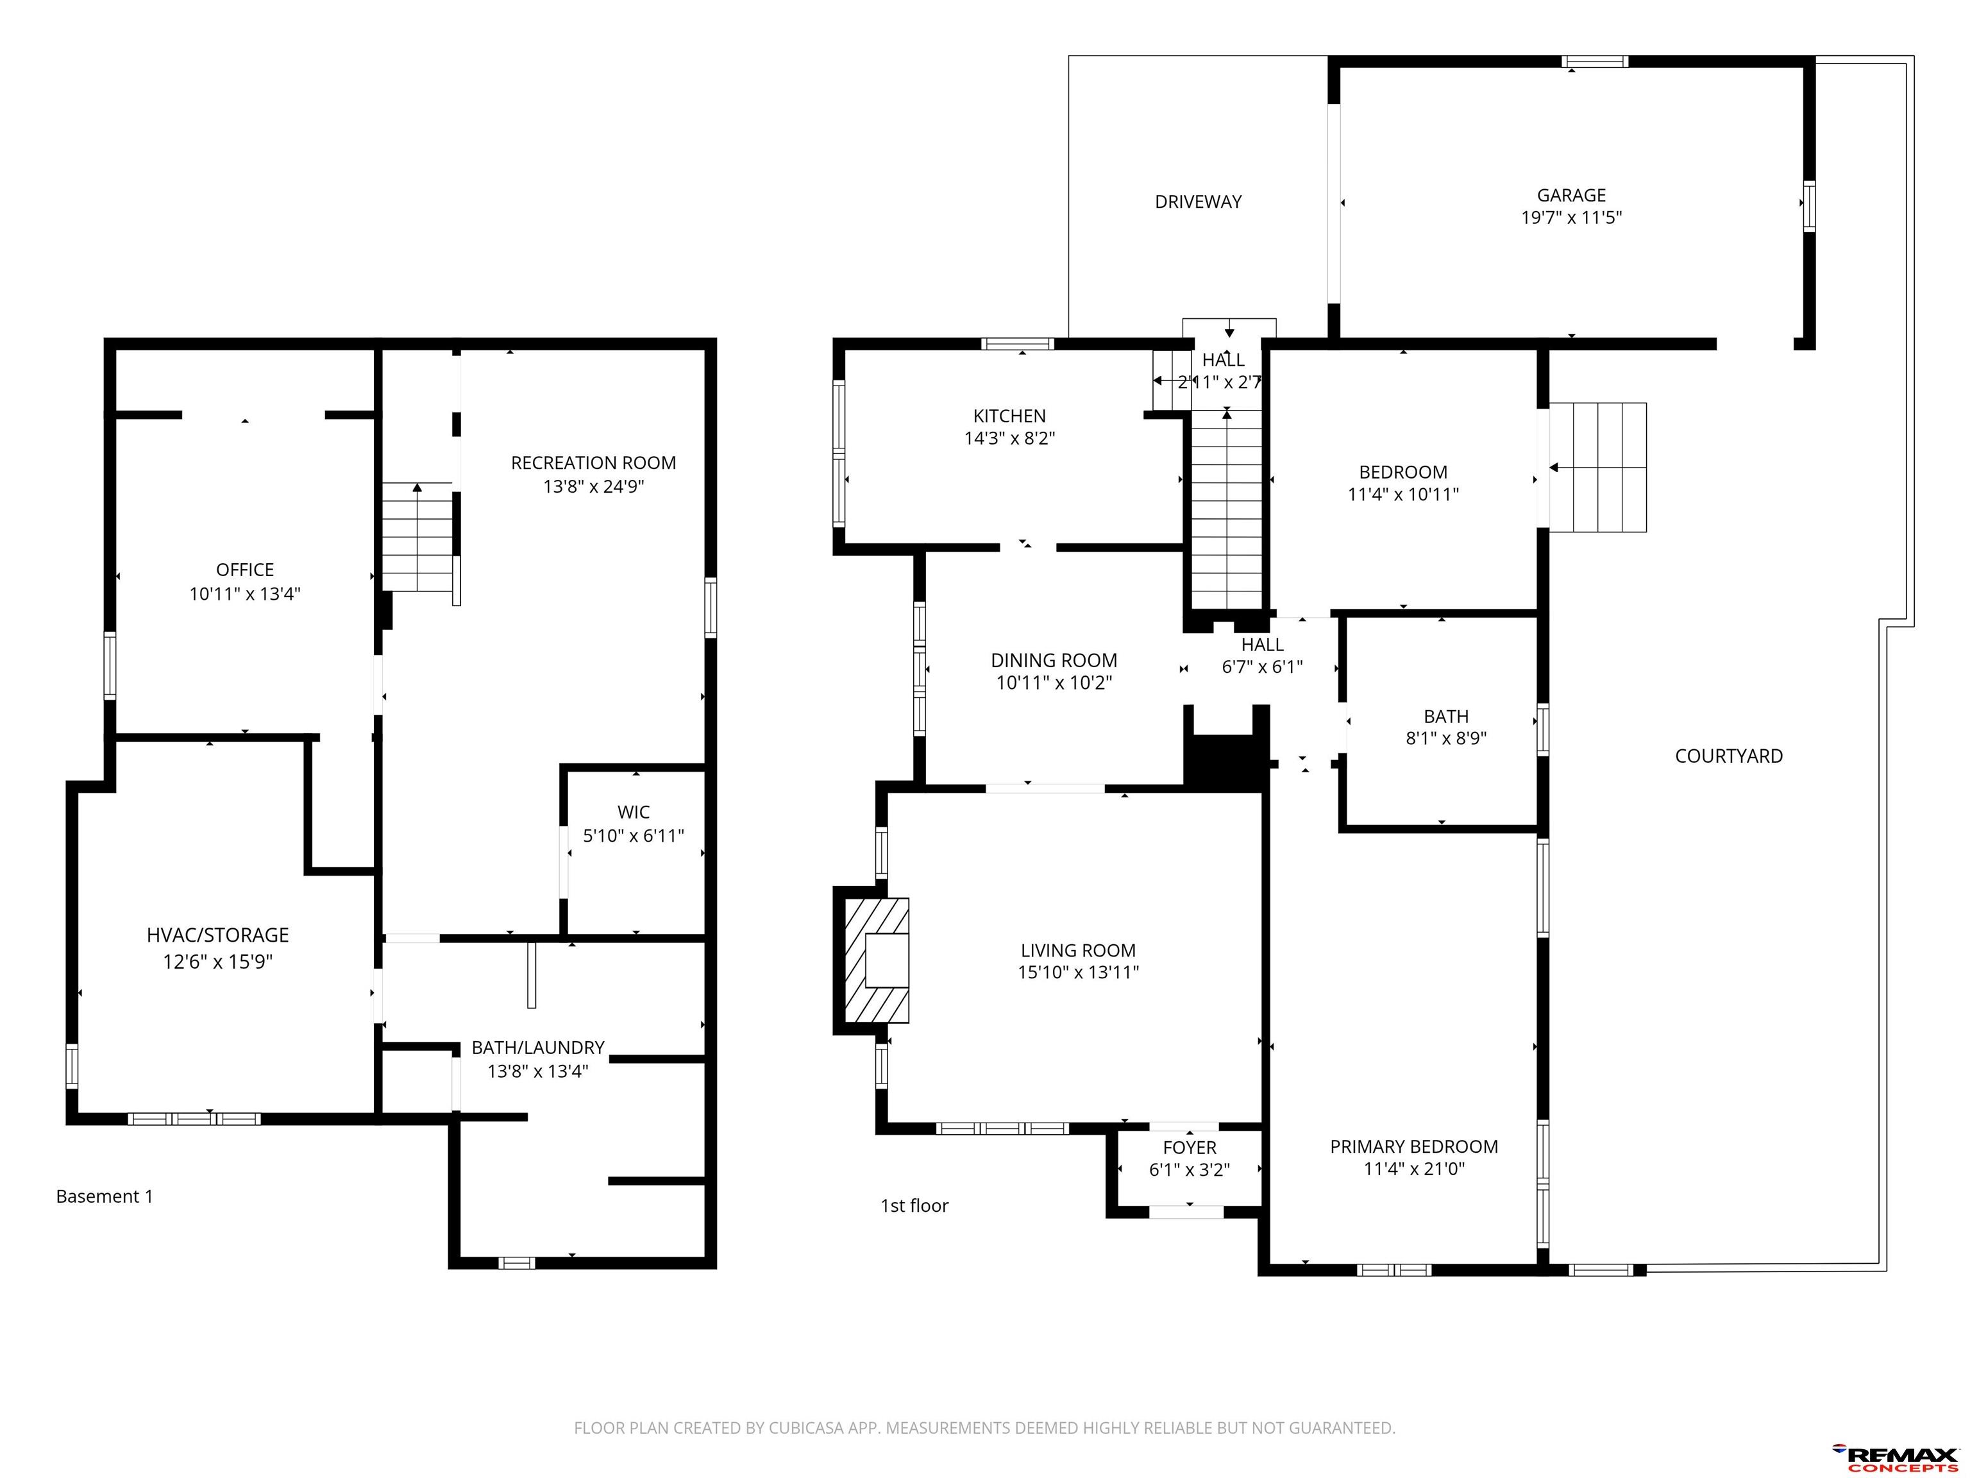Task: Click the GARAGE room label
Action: pyautogui.click(x=1571, y=195)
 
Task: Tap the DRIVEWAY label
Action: pyautogui.click(x=1198, y=202)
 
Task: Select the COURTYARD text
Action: pyautogui.click(x=1729, y=756)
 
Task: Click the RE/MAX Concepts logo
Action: pyautogui.click(x=1894, y=1458)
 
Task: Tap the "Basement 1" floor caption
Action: pyautogui.click(x=104, y=1196)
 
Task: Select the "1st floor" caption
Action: pyautogui.click(x=914, y=1205)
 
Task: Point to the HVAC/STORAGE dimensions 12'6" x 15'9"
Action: pyautogui.click(x=217, y=962)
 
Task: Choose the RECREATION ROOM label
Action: pyautogui.click(x=593, y=463)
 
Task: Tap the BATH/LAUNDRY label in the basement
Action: pyautogui.click(x=538, y=1048)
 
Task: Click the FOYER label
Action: pyautogui.click(x=1189, y=1148)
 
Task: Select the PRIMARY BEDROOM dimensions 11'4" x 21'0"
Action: pyautogui.click(x=1414, y=1169)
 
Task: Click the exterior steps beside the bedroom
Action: pyautogui.click(x=1597, y=468)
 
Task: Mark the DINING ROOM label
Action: pyautogui.click(x=1054, y=661)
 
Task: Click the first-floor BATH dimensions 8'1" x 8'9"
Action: pyautogui.click(x=1446, y=738)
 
